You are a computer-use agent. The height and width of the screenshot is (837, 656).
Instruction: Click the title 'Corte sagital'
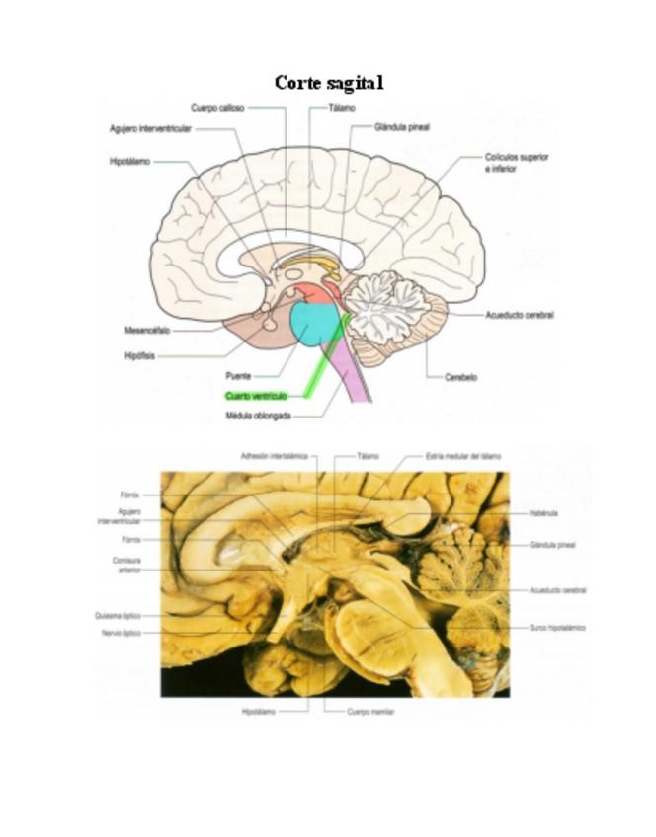pos(328,83)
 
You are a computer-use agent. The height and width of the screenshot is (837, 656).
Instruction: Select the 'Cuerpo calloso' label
pos(217,108)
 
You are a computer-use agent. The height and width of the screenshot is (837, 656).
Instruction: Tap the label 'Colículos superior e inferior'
pos(517,163)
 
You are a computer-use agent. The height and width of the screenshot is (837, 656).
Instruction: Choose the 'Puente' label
pos(238,376)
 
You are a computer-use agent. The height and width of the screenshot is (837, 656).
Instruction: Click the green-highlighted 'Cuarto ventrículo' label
pos(256,396)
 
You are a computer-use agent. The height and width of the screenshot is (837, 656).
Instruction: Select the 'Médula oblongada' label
pos(258,416)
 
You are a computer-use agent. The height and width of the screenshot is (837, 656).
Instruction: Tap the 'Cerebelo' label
pos(461,377)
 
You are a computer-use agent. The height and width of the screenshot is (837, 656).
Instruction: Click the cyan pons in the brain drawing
pos(315,324)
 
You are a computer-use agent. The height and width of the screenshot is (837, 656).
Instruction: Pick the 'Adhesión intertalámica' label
pos(274,456)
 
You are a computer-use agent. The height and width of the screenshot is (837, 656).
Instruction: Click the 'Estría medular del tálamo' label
pos(463,456)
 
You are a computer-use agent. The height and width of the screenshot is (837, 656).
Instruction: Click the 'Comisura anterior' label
pos(126,565)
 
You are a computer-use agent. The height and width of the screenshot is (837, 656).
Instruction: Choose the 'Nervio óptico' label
pos(122,632)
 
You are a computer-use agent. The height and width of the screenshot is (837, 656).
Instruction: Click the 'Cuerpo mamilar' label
pos(371,711)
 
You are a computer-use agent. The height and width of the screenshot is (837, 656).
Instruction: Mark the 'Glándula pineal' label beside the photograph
pos(552,545)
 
